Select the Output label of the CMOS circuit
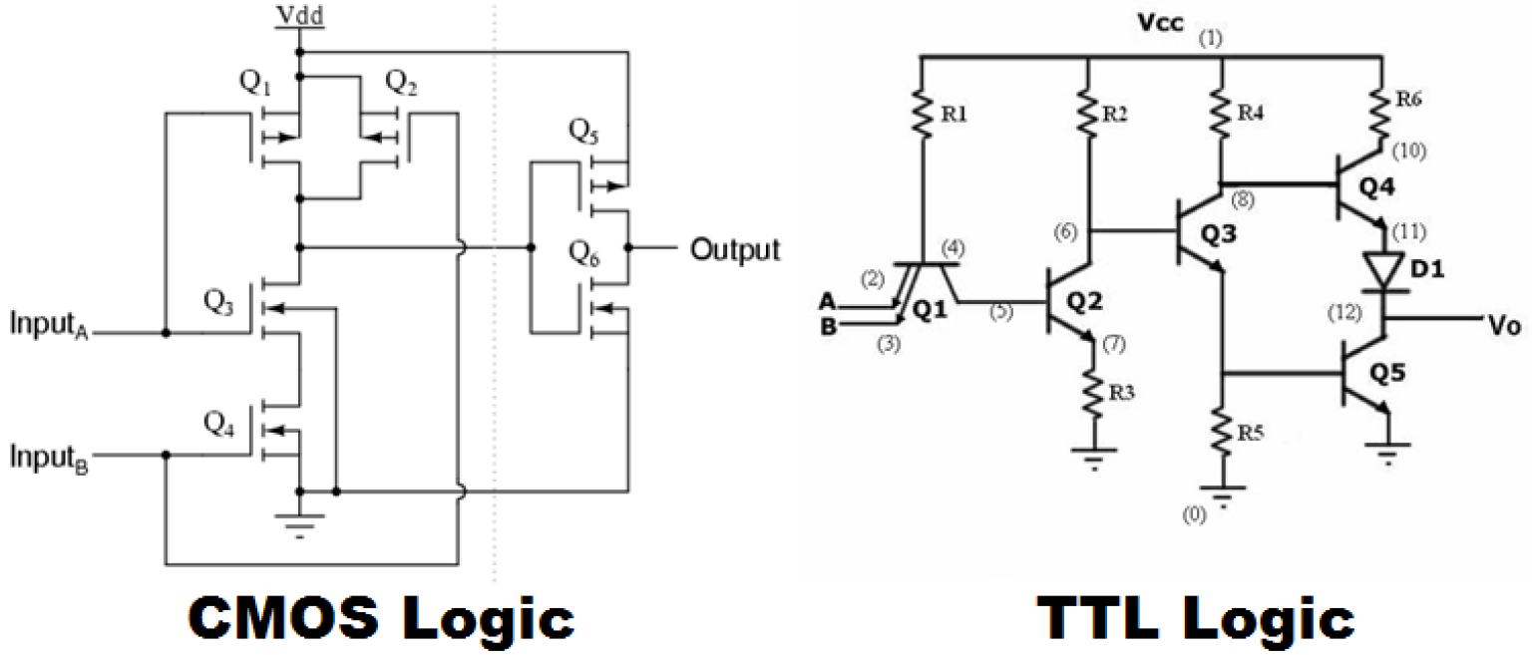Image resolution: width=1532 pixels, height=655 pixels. pyautogui.click(x=736, y=248)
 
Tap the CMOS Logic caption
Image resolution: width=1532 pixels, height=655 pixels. pyautogui.click(x=382, y=618)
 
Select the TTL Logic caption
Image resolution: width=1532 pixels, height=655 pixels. pyautogui.click(x=1195, y=618)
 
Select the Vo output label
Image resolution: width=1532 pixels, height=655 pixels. pyautogui.click(x=1503, y=325)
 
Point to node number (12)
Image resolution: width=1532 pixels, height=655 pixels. pyautogui.click(x=1343, y=312)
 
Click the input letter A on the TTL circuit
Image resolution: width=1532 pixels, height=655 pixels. pyautogui.click(x=826, y=300)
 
